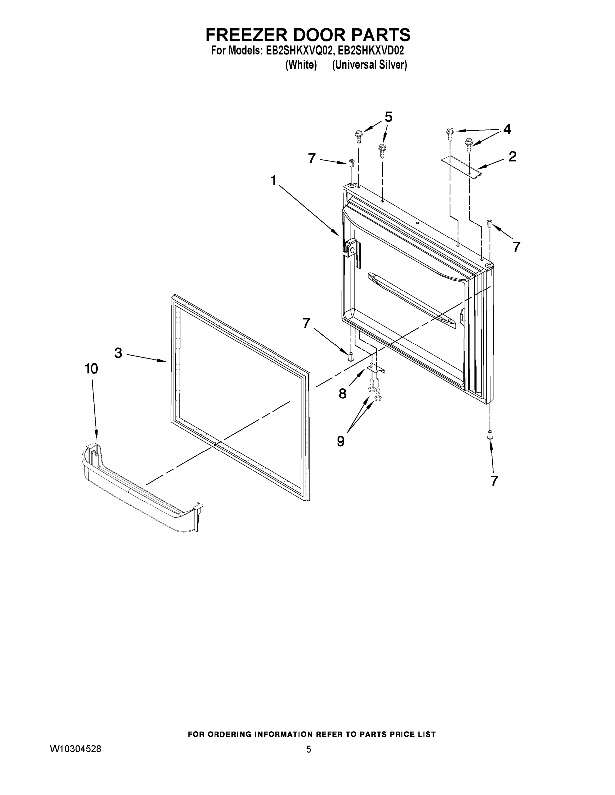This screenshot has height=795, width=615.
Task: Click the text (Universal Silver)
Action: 369,65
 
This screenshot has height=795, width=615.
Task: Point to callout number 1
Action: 273,180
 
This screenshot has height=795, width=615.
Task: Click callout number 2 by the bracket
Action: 512,157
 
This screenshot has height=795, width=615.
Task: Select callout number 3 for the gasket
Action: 118,353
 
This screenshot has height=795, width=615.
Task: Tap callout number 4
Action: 507,129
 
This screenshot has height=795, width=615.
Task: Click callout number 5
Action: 388,117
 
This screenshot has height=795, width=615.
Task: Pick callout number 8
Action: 342,394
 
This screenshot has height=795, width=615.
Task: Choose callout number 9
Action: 341,441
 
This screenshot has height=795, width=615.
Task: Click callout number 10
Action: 91,369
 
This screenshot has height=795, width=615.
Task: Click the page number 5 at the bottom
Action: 308,749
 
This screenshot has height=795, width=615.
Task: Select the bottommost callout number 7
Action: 494,481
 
